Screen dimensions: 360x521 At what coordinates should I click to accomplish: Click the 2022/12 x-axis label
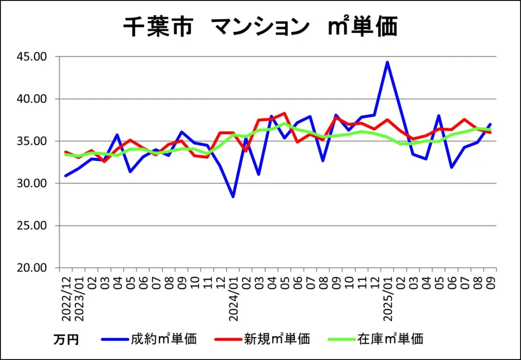pyautogui.click(x=66, y=298)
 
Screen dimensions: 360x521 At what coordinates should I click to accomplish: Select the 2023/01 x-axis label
pyautogui.click(x=78, y=298)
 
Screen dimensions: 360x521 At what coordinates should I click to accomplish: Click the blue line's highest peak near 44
pyautogui.click(x=387, y=62)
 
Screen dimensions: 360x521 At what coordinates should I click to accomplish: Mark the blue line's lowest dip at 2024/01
pyautogui.click(x=233, y=197)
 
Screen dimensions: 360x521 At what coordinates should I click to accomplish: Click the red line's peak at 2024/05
pyautogui.click(x=284, y=113)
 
